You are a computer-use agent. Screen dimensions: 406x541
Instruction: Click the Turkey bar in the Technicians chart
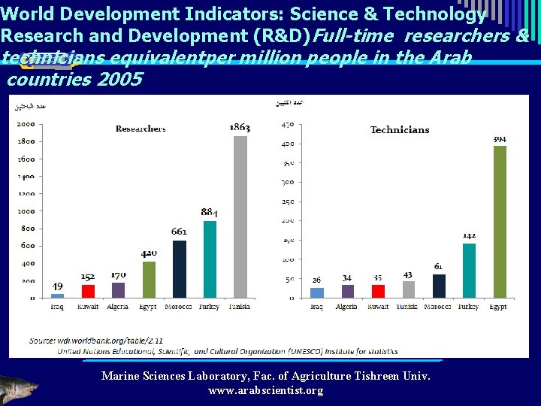coord(469,271)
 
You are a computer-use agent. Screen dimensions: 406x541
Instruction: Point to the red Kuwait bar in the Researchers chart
coord(88,291)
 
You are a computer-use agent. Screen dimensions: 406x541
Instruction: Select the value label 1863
coord(240,128)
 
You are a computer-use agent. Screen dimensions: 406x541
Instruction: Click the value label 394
coord(500,139)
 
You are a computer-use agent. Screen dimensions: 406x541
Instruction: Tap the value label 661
coord(179,232)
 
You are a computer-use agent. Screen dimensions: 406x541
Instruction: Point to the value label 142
coord(469,235)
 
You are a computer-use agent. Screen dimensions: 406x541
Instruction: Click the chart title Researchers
coord(141,129)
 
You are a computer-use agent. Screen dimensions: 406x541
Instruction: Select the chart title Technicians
coord(400,130)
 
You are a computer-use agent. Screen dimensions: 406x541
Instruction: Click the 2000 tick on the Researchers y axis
coord(26,124)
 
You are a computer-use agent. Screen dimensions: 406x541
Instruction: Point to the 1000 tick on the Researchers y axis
coord(26,211)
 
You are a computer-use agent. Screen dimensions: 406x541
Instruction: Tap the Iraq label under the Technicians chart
coord(317,307)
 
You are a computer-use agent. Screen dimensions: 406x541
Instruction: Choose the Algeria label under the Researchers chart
coord(118,307)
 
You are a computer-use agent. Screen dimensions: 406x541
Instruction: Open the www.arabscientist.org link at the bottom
coord(265,390)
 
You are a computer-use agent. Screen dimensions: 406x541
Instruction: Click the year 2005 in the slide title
coord(119,79)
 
